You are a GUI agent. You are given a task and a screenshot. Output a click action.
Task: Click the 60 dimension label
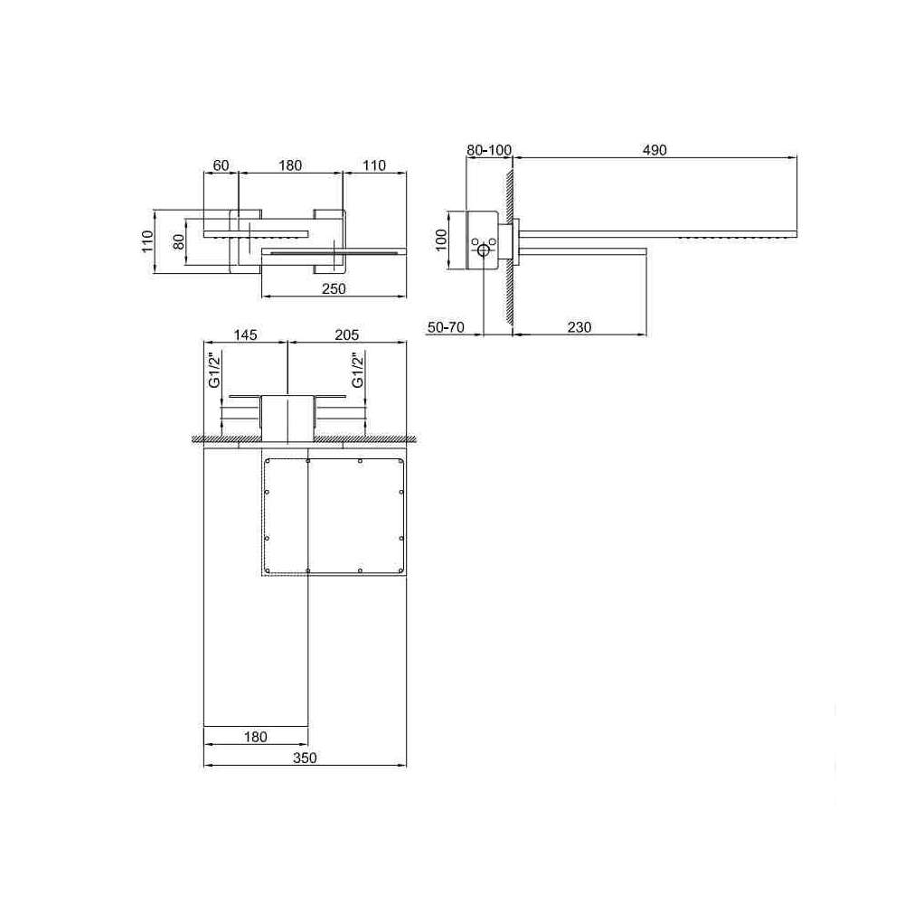(221, 165)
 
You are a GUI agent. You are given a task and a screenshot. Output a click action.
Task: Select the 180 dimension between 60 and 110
(290, 165)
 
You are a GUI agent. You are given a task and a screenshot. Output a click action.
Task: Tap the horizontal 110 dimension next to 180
(374, 165)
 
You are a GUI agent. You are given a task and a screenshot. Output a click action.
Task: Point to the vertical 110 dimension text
(147, 241)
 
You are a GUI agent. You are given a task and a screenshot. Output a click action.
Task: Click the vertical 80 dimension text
(179, 241)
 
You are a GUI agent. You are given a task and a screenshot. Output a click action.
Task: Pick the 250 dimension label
(334, 289)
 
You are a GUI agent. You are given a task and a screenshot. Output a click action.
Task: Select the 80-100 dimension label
(489, 150)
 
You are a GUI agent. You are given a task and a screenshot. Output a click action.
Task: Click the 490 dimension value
(654, 150)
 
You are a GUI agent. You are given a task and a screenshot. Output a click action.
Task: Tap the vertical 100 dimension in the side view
(441, 240)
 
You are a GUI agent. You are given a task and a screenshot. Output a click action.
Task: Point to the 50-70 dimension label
(446, 327)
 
